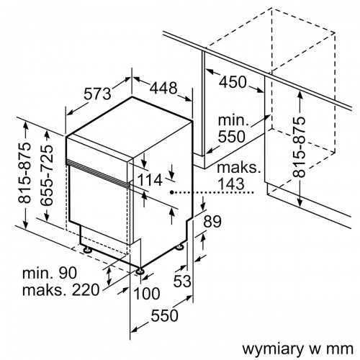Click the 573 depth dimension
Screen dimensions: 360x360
(x=97, y=94)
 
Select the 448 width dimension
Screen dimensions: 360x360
(x=163, y=88)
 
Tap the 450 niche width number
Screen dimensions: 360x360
(x=233, y=82)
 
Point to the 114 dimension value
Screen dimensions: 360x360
(x=150, y=180)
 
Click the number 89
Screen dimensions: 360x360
(x=212, y=222)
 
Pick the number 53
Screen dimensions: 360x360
(x=182, y=281)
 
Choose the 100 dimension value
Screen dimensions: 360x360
(x=147, y=293)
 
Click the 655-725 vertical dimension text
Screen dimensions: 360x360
(x=46, y=175)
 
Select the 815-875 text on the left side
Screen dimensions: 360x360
(x=25, y=173)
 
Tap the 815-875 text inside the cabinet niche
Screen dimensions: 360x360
(x=299, y=147)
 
